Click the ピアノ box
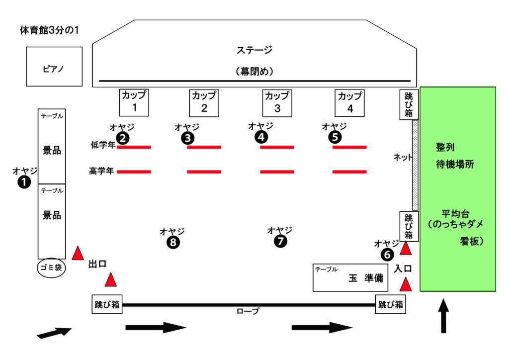(54, 67)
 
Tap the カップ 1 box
(134, 102)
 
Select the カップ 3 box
(277, 102)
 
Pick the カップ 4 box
(349, 102)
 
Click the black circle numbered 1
(24, 182)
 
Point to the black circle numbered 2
(123, 137)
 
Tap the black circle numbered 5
(335, 137)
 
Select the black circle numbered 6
(387, 255)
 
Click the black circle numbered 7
(280, 242)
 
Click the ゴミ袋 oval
(51, 268)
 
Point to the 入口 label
(403, 269)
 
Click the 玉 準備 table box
(350, 277)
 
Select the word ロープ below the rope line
(248, 312)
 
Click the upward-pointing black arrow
(443, 315)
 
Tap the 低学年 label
(102, 145)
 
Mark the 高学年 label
(102, 172)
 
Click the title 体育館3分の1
(49, 30)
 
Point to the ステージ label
(254, 50)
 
